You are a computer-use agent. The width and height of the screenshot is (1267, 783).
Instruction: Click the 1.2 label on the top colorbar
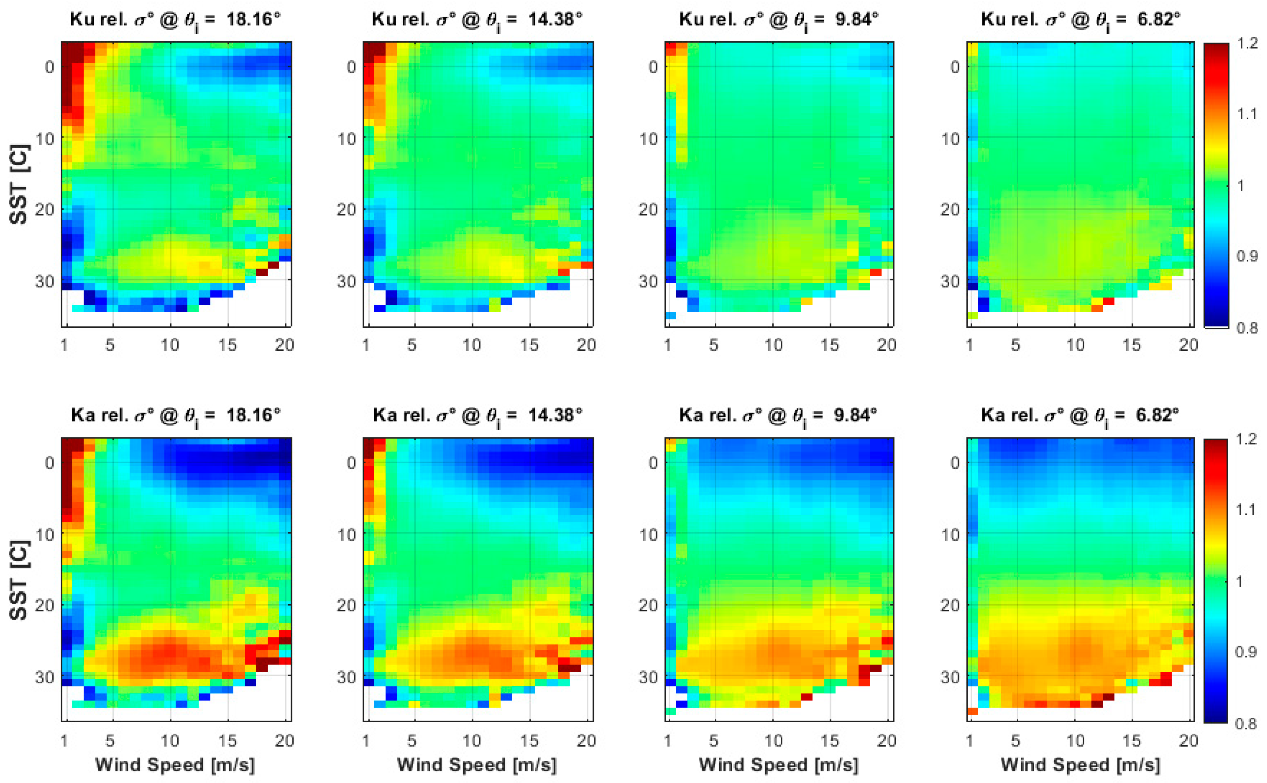pos(1247,43)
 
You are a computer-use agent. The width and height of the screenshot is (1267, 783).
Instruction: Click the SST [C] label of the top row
pos(19,184)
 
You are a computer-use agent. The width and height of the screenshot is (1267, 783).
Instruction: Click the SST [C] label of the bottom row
pos(19,580)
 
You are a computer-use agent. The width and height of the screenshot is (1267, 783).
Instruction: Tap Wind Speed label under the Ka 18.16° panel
pos(175,764)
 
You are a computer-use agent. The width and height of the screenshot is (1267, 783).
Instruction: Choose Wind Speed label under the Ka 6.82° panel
pos(1080,764)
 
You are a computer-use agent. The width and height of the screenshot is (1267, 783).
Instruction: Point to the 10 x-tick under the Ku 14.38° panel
pos(472,345)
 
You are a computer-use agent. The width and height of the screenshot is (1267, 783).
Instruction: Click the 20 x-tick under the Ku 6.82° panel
pos(1188,345)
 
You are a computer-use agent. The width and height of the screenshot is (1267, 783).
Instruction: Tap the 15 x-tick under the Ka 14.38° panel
pos(529,740)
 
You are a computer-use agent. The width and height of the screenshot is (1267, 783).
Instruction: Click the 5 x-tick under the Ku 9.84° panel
pos(714,345)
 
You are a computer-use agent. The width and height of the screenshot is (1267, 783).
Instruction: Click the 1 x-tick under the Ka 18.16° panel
pos(64,740)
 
